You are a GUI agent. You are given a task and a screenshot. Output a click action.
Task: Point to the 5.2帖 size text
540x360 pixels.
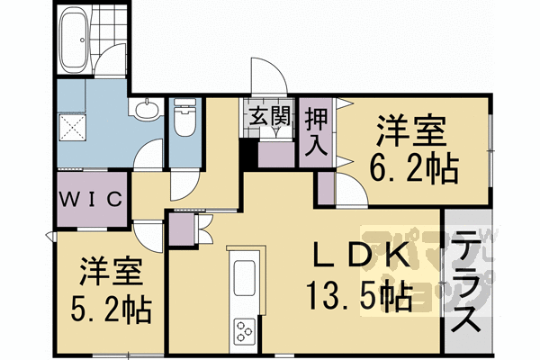[112, 309]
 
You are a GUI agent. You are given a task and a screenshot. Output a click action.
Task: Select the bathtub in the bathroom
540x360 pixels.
[73, 40]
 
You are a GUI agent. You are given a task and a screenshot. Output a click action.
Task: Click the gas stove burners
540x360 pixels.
[245, 330]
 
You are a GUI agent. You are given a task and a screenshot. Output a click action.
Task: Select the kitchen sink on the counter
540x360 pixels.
[245, 279]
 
